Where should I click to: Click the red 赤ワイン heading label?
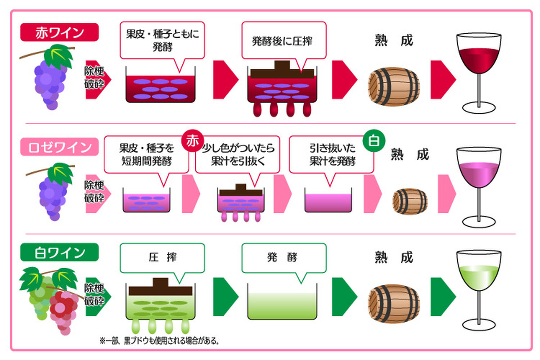pyautogui.click(x=59, y=33)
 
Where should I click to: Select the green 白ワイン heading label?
pyautogui.click(x=59, y=252)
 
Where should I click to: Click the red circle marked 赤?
pyautogui.click(x=193, y=141)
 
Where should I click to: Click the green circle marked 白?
pyautogui.click(x=373, y=141)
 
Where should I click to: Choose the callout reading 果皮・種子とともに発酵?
pyautogui.click(x=162, y=40)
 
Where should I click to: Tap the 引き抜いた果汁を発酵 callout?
pyautogui.click(x=332, y=155)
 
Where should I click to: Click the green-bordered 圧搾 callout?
pyautogui.click(x=162, y=257)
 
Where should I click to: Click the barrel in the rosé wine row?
pyautogui.click(x=410, y=201)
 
